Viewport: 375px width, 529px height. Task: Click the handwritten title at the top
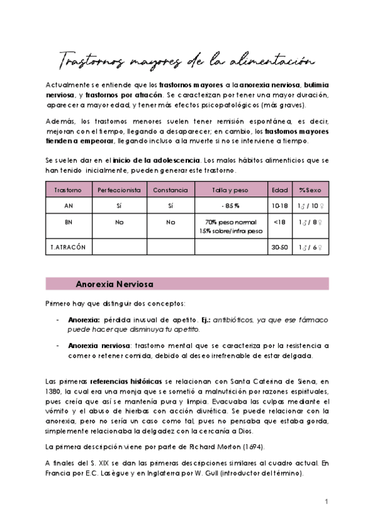click(186, 61)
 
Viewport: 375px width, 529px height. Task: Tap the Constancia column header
click(171, 189)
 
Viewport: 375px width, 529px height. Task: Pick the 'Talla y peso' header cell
click(230, 189)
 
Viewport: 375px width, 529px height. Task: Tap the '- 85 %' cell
click(230, 205)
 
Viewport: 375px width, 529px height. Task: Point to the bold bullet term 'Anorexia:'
click(84, 319)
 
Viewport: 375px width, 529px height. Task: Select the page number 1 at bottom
click(326, 501)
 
